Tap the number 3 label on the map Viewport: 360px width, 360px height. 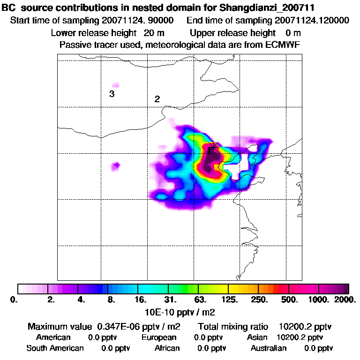pos(112,94)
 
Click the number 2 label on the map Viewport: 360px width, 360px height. pos(157,99)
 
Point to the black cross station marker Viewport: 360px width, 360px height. pos(212,148)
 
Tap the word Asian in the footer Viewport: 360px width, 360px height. pos(257,337)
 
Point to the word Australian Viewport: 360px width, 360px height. pos(269,348)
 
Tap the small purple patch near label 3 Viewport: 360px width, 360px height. pos(115,85)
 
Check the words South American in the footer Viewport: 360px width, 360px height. pos(55,348)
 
